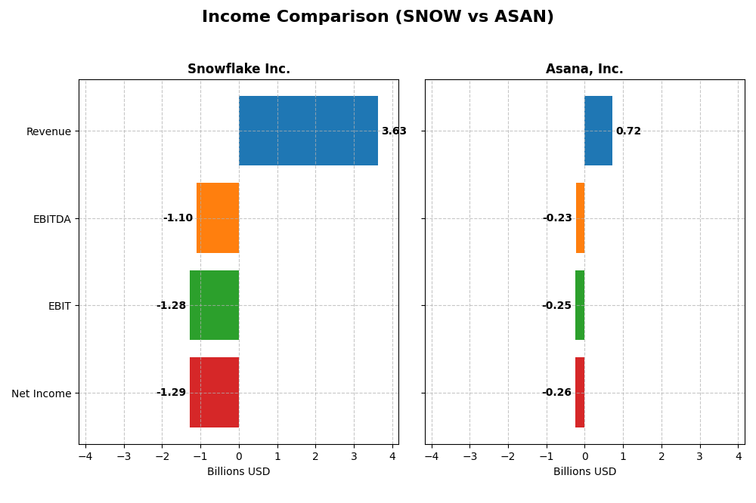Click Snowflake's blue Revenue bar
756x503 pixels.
(x=308, y=131)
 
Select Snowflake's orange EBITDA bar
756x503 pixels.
(x=218, y=218)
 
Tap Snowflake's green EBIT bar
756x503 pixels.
(x=214, y=305)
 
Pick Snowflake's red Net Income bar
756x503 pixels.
(x=214, y=393)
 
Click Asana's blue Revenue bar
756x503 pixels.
(x=598, y=131)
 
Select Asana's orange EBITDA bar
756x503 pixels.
(x=580, y=218)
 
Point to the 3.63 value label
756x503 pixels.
(x=394, y=131)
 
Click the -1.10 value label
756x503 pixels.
(x=178, y=218)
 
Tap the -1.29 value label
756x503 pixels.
(x=171, y=393)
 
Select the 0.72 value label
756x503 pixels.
(x=628, y=131)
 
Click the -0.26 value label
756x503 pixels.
(x=556, y=393)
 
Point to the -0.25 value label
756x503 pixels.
(x=556, y=306)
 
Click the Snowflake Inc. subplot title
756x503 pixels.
(x=239, y=69)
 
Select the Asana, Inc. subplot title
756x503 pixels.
(x=584, y=69)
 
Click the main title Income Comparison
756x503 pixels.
(x=377, y=17)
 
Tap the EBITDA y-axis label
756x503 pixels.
(x=51, y=219)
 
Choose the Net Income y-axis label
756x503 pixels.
(x=41, y=393)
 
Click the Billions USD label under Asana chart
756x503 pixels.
(x=584, y=472)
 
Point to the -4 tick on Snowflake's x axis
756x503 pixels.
(x=85, y=456)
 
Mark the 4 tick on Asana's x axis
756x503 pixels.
(x=739, y=456)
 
